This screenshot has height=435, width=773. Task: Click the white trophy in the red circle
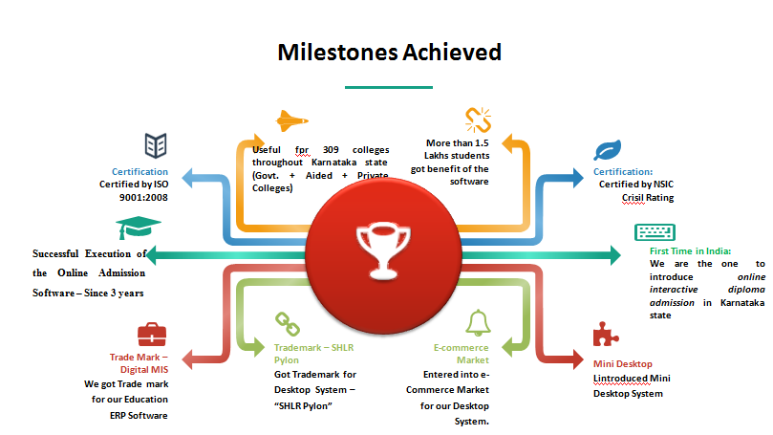[383, 250]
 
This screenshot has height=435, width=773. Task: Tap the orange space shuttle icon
[291, 120]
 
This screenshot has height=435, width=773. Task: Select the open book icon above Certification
[156, 145]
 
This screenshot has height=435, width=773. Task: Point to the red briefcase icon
[152, 335]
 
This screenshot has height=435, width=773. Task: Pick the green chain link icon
[288, 324]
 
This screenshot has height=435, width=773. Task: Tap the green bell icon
[478, 323]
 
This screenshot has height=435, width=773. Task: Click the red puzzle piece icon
[606, 335]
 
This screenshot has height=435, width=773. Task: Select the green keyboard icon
[655, 232]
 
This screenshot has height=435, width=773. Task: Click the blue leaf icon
[608, 150]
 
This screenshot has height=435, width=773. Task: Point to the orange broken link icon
[478, 120]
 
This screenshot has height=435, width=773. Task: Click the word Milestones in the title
[337, 53]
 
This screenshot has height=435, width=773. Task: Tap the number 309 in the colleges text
[331, 149]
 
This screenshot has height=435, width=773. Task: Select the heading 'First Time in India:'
[690, 251]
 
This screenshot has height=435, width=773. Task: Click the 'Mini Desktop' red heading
[623, 364]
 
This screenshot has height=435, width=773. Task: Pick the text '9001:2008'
[143, 197]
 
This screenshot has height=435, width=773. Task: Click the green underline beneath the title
[389, 87]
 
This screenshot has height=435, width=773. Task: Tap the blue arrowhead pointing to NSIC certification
[578, 178]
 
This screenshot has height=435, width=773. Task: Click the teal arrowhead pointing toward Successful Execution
[151, 255]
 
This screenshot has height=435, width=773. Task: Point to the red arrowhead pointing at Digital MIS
[187, 359]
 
